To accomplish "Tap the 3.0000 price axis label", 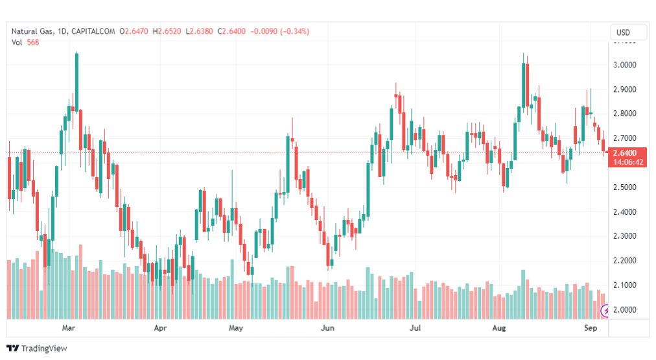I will [627, 65].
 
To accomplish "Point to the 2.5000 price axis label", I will [627, 187].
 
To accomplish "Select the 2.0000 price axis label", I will [627, 309].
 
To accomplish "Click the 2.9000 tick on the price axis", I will [627, 90].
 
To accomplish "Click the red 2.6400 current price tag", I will [627, 153].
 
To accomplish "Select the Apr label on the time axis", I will [161, 328].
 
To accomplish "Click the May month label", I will [236, 328].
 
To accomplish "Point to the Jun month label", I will [327, 328].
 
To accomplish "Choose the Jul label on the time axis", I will [416, 328].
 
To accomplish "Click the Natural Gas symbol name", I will [31, 31].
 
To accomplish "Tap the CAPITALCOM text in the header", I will [93, 31].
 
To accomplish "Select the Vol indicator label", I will [17, 42].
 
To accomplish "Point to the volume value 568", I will [33, 42].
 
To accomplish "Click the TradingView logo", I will [36, 348].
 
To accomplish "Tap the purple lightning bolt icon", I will [605, 311].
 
